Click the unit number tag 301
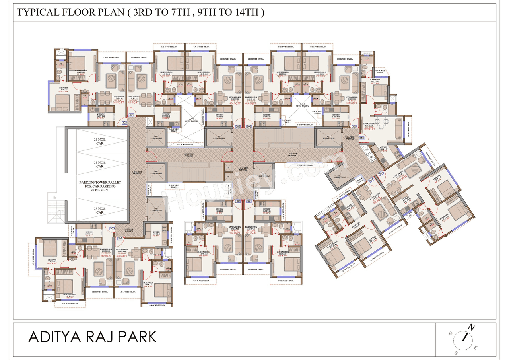(x=131, y=115)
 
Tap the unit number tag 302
(x=124, y=123)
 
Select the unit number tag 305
(x=238, y=127)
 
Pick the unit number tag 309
(x=354, y=127)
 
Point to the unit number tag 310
(x=361, y=138)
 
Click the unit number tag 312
(x=371, y=179)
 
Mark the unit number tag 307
(x=238, y=201)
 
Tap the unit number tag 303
(x=112, y=228)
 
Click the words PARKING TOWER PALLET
(x=99, y=183)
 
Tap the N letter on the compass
(x=471, y=327)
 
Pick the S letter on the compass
(x=456, y=352)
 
